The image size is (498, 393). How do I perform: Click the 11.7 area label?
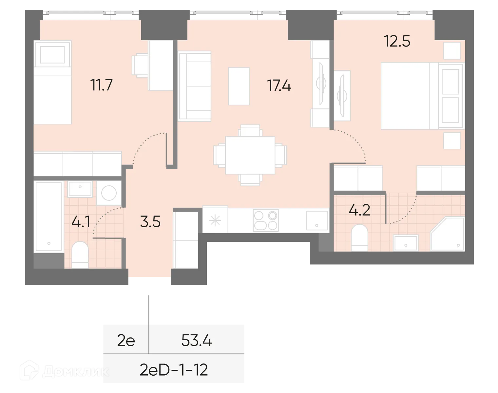point(102,85)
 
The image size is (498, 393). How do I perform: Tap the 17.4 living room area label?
point(279,86)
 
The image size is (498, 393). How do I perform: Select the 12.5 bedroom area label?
point(397,42)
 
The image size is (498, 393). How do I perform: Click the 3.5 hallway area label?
point(150,222)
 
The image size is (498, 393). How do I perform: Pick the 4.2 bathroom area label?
point(359,210)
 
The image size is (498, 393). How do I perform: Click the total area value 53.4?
point(197,341)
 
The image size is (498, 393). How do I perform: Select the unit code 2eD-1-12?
point(174,370)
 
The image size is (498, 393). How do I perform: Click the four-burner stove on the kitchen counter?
point(266,220)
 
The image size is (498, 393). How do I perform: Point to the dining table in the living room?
point(250,155)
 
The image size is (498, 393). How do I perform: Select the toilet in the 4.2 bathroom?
point(359,237)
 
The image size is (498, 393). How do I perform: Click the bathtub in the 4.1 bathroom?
point(48,216)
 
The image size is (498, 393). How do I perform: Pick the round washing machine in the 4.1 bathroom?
point(109,193)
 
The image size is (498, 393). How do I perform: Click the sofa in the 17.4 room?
point(194,86)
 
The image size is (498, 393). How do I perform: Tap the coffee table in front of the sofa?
point(239,86)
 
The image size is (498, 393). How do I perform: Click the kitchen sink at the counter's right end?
point(316,221)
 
